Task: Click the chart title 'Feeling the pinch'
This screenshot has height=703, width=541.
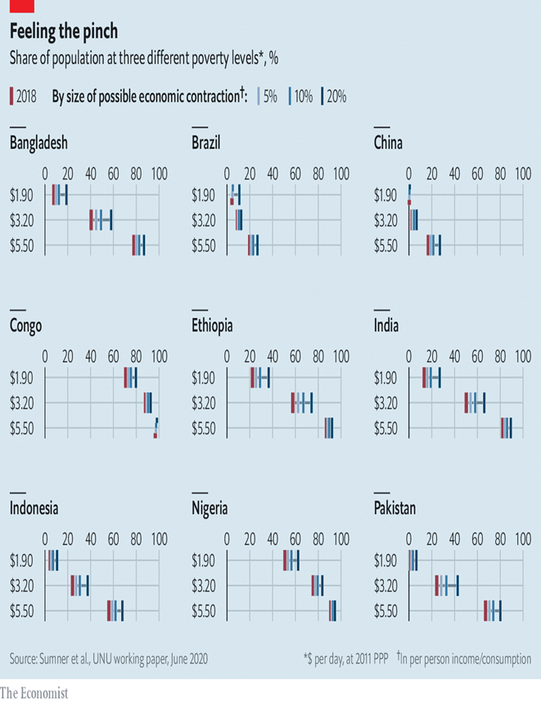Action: (64, 31)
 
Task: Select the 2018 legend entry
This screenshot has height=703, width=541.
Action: (23, 97)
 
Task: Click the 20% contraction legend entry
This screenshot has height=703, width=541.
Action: (334, 97)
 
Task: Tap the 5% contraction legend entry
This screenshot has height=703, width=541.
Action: (268, 97)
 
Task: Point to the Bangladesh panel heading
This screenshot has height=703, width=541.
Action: (38, 143)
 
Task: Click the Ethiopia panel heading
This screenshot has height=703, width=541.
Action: (212, 325)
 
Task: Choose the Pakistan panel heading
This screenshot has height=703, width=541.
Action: (394, 508)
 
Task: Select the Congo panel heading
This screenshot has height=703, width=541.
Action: (25, 326)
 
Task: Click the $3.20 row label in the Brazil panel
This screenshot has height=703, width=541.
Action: (204, 220)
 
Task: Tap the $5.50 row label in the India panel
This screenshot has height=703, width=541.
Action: (385, 429)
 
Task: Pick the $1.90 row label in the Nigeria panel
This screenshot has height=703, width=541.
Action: (204, 561)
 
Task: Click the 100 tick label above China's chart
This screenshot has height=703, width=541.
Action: (523, 174)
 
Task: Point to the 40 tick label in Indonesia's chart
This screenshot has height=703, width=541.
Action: (91, 539)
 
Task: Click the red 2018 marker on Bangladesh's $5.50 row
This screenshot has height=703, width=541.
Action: (134, 245)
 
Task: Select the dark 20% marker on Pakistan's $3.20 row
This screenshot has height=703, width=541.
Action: (458, 586)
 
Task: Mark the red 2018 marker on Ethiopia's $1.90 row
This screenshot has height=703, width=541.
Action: (253, 378)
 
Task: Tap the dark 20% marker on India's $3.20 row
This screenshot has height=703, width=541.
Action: (485, 402)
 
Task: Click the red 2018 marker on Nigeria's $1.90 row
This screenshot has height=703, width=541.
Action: (285, 560)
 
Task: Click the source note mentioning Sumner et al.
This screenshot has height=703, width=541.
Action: (109, 659)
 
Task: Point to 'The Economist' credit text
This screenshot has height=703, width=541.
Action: (34, 693)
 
